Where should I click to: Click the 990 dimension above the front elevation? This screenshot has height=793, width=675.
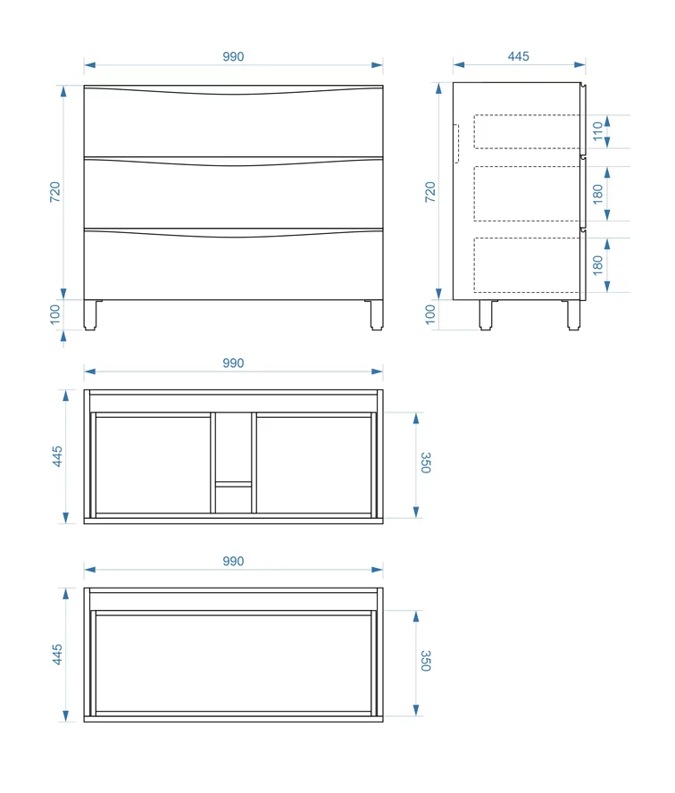pos(233,56)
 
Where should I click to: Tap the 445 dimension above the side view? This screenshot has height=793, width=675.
pos(518,56)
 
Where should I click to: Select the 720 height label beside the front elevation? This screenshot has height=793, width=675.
pos(54,192)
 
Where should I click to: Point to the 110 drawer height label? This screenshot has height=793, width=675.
pos(597,131)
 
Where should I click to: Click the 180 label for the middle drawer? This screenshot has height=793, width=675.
pos(597,194)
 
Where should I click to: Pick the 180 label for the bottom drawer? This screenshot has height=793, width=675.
pos(597,265)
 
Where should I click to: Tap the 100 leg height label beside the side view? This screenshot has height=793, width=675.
pos(429,314)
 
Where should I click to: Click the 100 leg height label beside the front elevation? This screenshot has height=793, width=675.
pos(54,314)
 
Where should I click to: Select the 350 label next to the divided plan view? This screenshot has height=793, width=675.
pos(426,463)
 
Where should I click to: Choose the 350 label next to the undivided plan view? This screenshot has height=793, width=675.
pos(426,661)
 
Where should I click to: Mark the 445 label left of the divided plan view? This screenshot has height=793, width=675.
pos(57,456)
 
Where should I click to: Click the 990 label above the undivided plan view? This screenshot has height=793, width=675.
pos(233,561)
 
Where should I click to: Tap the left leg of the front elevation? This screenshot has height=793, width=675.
pos(90,315)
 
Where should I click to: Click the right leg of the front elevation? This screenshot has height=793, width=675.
pos(377,315)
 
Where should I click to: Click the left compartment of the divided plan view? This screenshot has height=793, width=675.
pos(153,464)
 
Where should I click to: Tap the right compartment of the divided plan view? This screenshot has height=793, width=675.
pos(314,464)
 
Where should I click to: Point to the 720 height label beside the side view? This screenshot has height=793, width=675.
pos(429,192)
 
